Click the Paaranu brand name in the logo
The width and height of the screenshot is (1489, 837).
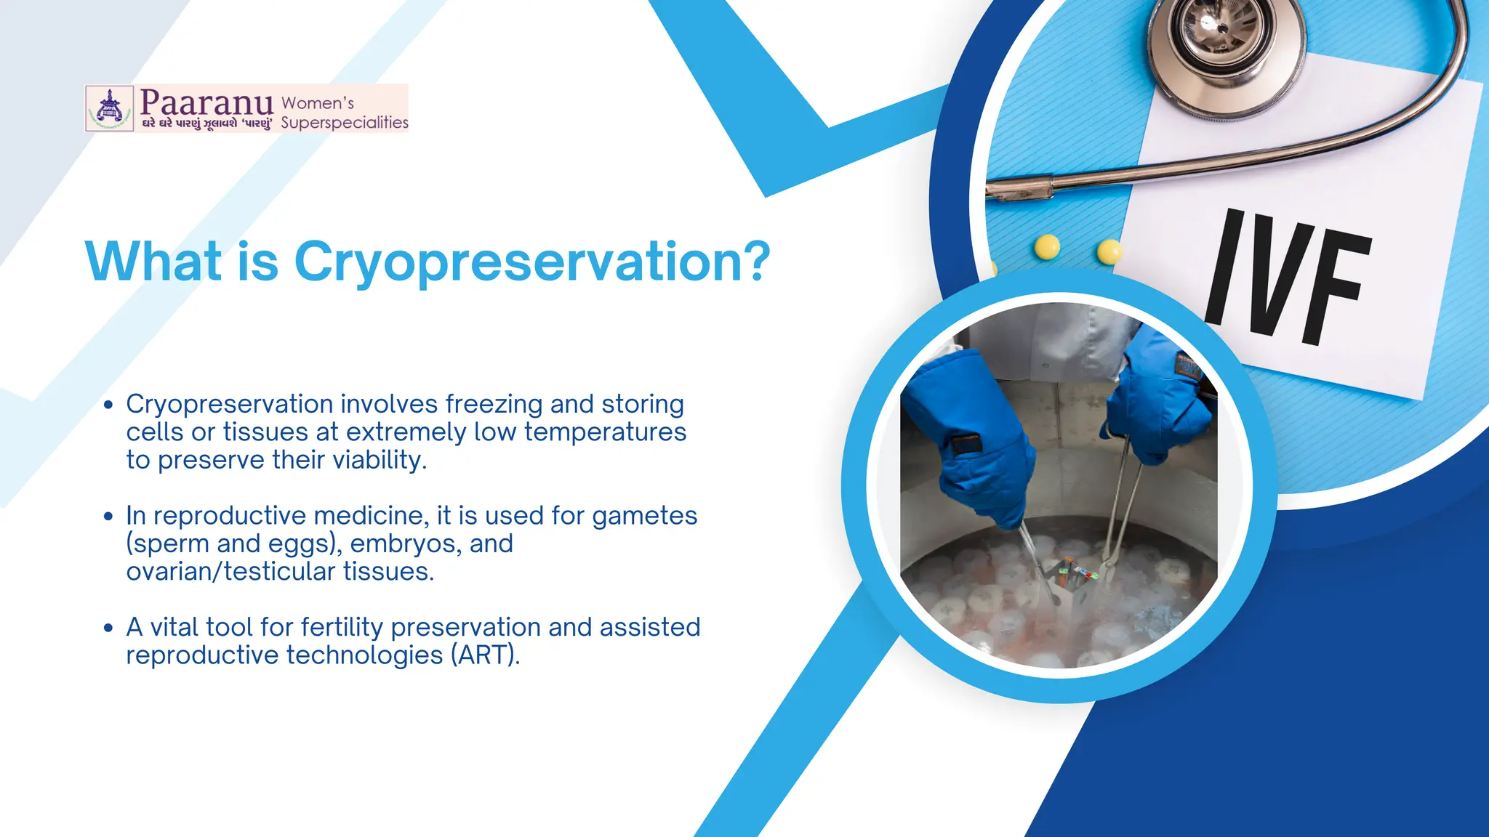(x=206, y=102)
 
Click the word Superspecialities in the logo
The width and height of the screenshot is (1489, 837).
(x=344, y=122)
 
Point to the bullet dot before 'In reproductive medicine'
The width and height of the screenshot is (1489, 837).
(x=108, y=517)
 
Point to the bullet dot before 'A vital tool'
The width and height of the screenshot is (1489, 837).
(x=108, y=628)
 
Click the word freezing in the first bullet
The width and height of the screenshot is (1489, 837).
(x=494, y=404)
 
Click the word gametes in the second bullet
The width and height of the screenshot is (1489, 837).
(x=644, y=516)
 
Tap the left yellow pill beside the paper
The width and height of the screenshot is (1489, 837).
(x=1047, y=247)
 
